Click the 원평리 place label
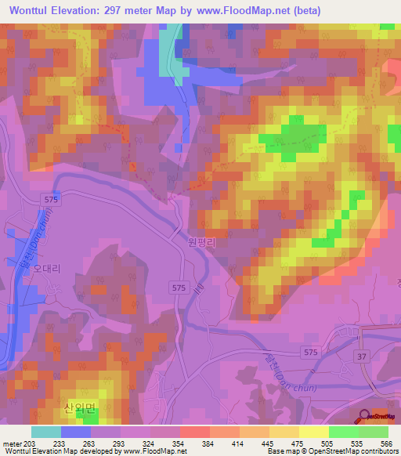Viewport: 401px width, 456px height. pos(202,242)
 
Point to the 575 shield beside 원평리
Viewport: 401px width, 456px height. pos(179,288)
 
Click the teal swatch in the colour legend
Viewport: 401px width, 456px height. pos(46,432)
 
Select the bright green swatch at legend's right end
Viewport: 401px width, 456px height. pos(374,432)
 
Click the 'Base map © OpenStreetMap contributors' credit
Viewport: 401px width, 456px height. pos(331,451)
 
